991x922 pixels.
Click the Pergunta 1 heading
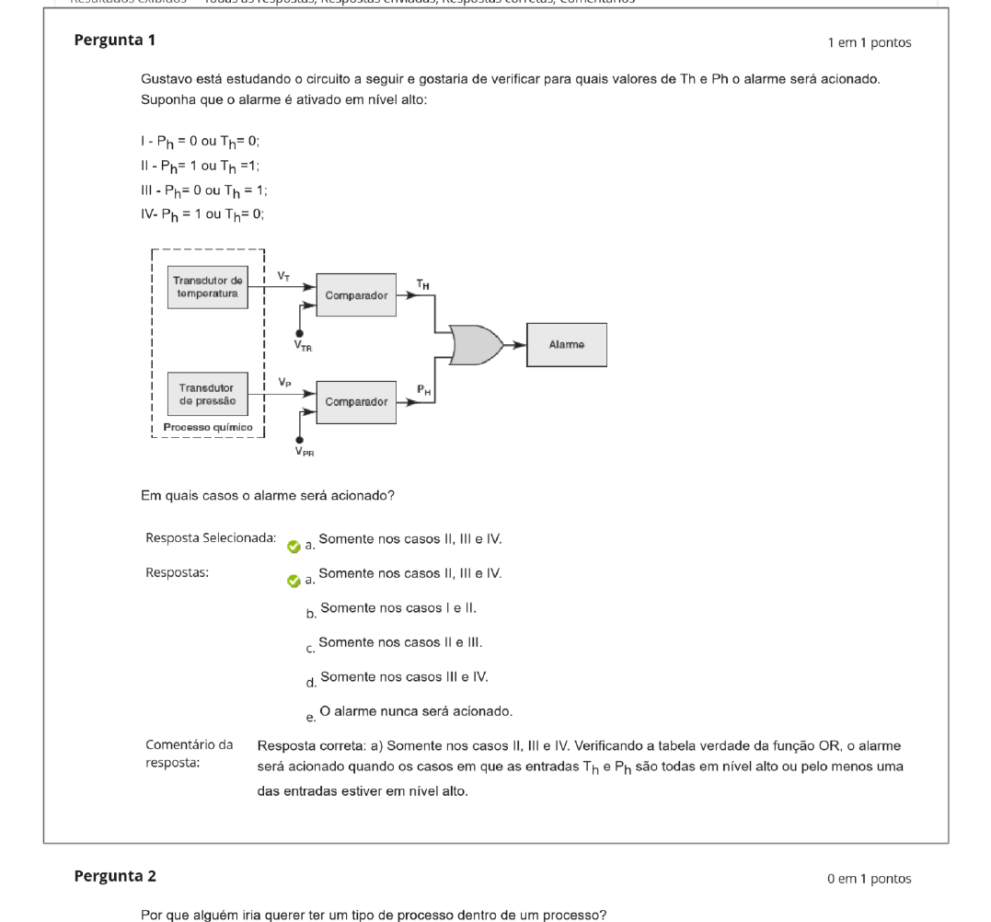(x=114, y=40)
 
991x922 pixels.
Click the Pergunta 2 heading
(x=114, y=876)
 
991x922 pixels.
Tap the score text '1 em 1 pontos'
(x=870, y=42)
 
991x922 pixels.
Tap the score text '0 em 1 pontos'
(x=870, y=879)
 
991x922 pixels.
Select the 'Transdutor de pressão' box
(x=208, y=394)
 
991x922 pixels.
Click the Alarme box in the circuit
(x=566, y=345)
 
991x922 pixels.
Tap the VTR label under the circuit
(x=303, y=346)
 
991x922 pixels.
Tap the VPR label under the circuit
(x=303, y=451)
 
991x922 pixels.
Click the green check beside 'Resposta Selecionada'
(x=294, y=546)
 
